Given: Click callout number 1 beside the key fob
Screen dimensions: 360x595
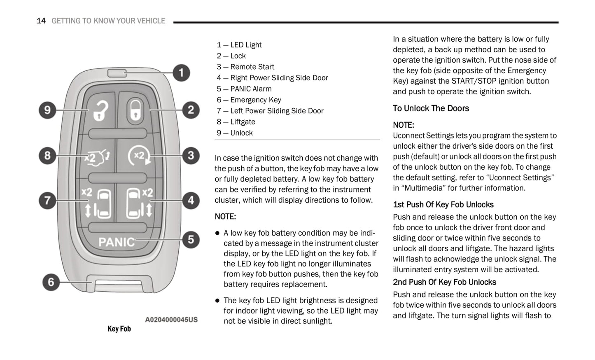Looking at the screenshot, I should (x=181, y=73).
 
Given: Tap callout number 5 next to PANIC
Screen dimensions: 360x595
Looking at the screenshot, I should (x=191, y=239).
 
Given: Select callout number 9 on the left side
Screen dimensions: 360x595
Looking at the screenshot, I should (x=47, y=110).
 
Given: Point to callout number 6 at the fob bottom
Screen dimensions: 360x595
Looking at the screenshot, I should (x=51, y=282).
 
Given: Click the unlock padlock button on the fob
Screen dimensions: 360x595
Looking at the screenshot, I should (x=99, y=110).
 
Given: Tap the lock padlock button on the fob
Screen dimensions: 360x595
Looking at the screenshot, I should (x=135, y=110).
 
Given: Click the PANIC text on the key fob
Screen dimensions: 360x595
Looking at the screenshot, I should (x=117, y=242).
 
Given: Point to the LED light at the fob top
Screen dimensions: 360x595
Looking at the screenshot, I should (x=117, y=73).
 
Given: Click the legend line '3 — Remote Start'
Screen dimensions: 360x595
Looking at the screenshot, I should (x=245, y=67).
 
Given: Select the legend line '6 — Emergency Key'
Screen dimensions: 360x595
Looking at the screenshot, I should (x=249, y=100).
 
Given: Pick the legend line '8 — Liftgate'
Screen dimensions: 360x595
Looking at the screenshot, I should (x=236, y=122).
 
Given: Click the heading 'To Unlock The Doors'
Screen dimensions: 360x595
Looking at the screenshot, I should (x=431, y=108).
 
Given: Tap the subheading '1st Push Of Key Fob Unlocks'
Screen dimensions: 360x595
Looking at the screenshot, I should (x=443, y=205).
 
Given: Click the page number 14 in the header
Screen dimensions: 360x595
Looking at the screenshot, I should (x=41, y=21).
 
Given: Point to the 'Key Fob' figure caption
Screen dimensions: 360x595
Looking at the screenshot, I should (x=119, y=329).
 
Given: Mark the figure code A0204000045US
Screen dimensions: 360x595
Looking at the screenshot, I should (x=171, y=320).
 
